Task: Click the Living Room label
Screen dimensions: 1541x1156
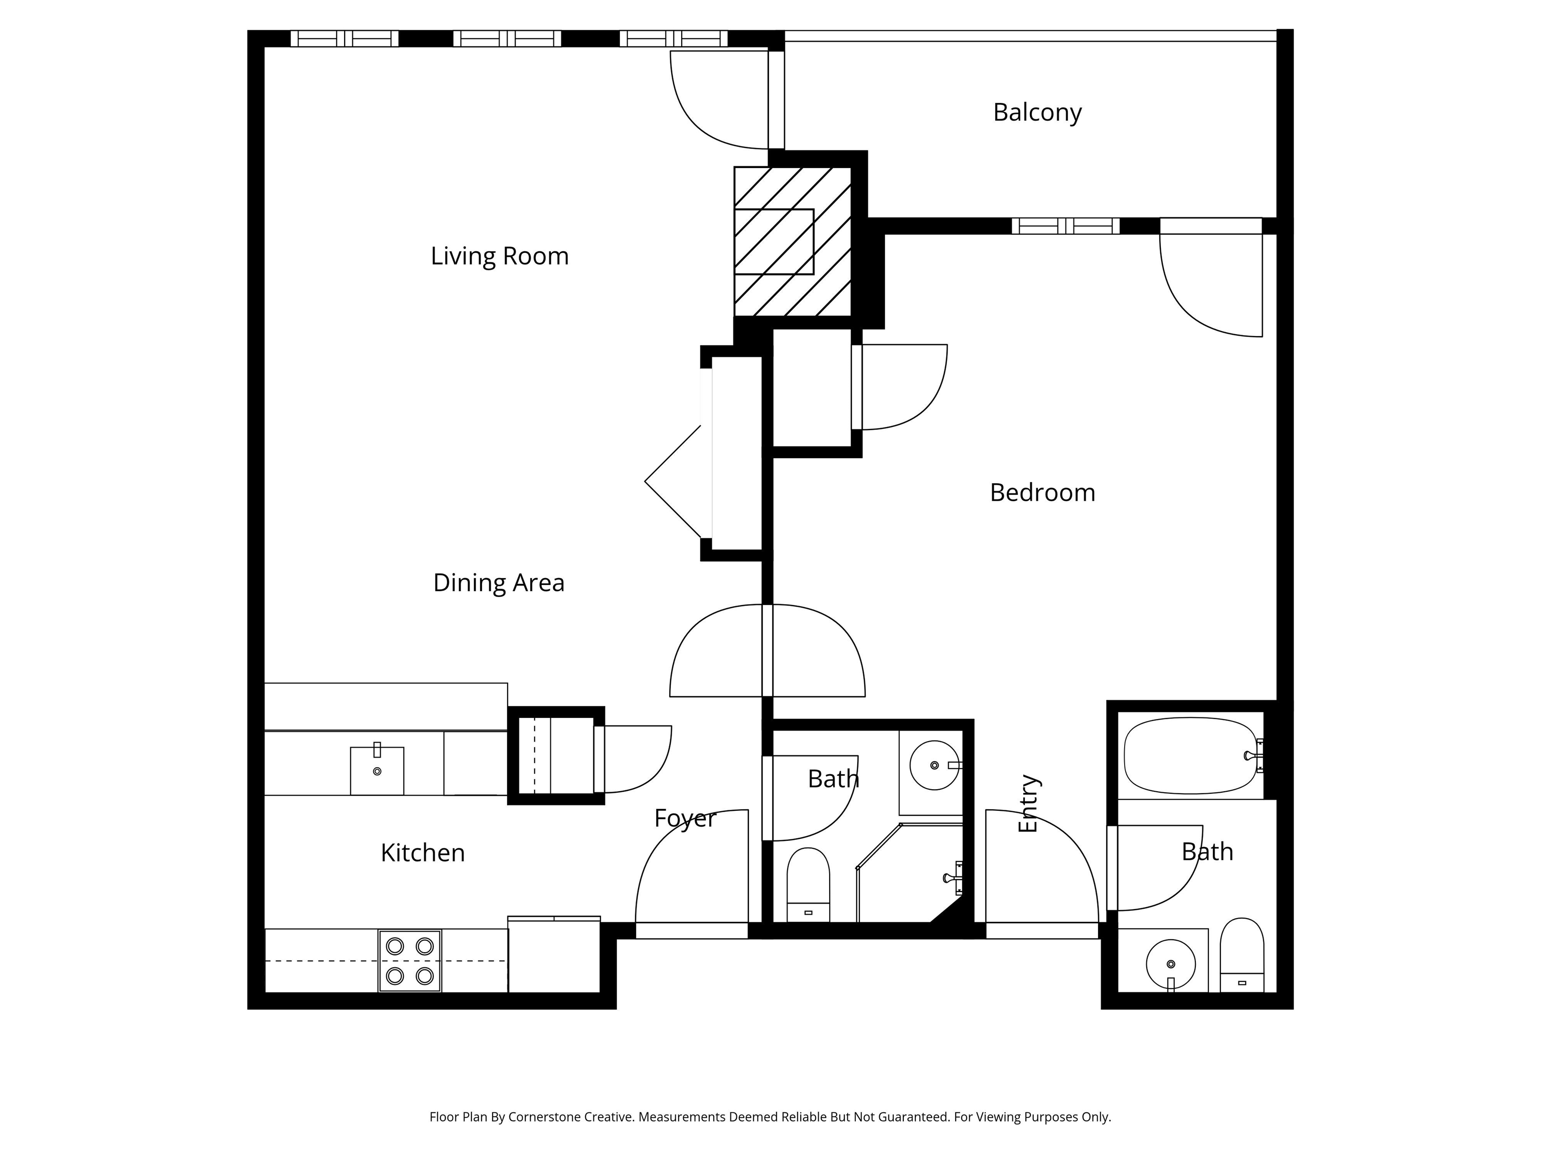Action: tap(500, 256)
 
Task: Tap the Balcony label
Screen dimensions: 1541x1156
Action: tap(1037, 112)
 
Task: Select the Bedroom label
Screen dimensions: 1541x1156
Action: tap(1042, 493)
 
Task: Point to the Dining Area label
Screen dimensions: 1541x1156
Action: tap(499, 583)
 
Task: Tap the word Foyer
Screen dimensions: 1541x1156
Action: tap(685, 819)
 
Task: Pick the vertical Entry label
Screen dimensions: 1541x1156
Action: tap(1028, 803)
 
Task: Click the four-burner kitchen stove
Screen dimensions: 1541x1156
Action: tap(410, 961)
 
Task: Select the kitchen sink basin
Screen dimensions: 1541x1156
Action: tap(377, 771)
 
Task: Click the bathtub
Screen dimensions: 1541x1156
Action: tap(1193, 756)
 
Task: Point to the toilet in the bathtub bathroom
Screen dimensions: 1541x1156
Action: tap(1242, 955)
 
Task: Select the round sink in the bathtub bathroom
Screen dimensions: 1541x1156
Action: tap(1170, 964)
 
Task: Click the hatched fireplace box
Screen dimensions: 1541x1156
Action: tap(793, 241)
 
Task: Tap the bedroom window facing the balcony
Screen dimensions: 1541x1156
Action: tap(1065, 226)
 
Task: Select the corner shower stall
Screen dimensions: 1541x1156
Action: tap(910, 873)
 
